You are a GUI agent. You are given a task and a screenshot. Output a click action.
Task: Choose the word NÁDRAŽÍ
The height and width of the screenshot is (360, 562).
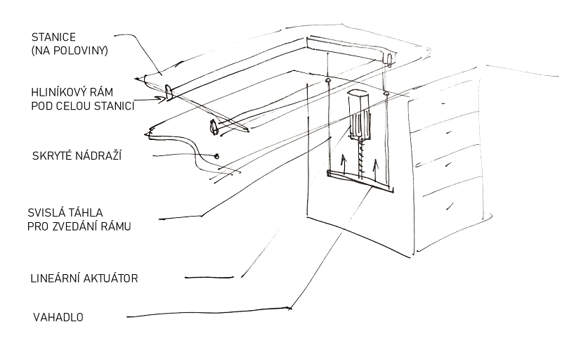pos(97,155)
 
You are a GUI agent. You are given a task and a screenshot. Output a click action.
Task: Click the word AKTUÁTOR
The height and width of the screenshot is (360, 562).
pos(112,278)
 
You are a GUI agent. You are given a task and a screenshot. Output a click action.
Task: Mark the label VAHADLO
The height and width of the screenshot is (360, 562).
pos(58,317)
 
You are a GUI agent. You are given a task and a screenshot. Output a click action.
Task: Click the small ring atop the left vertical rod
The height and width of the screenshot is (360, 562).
pos(328,82)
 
